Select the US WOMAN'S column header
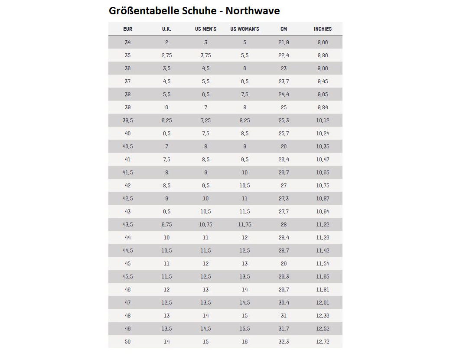click(245, 29)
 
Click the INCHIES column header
click(323, 29)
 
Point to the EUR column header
click(127, 29)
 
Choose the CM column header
click(284, 29)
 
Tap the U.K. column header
click(166, 29)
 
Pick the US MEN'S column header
click(205, 29)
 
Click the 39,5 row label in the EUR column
click(127, 121)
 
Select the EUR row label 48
click(127, 316)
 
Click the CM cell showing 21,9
click(284, 43)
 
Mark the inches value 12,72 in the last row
click(323, 342)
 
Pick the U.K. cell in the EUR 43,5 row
click(166, 225)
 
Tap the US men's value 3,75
click(205, 56)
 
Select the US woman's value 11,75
click(245, 225)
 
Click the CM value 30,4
click(284, 303)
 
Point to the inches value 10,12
click(323, 121)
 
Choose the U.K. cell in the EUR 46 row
click(166, 290)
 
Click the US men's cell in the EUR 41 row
click(205, 160)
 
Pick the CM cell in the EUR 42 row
click(284, 186)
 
